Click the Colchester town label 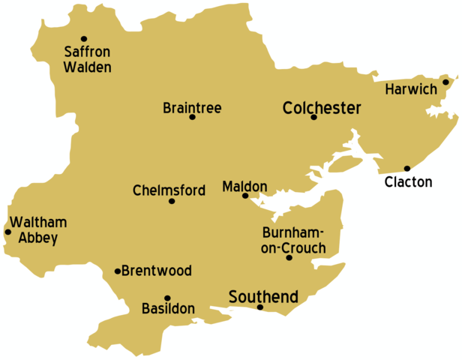[322, 108]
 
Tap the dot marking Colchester [314, 117]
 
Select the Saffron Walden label [88, 60]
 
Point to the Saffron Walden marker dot [84, 38]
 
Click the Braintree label [192, 108]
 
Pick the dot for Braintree [192, 117]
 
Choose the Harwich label [410, 90]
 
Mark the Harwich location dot [445, 82]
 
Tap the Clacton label [408, 181]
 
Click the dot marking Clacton [407, 169]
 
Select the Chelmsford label [169, 190]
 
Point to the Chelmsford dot [172, 201]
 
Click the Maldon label [244, 185]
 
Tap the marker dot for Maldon [245, 196]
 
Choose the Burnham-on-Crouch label [293, 240]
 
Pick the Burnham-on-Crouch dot [289, 258]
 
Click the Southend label [263, 295]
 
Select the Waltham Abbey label [34, 230]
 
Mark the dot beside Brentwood [118, 271]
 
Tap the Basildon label [168, 308]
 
